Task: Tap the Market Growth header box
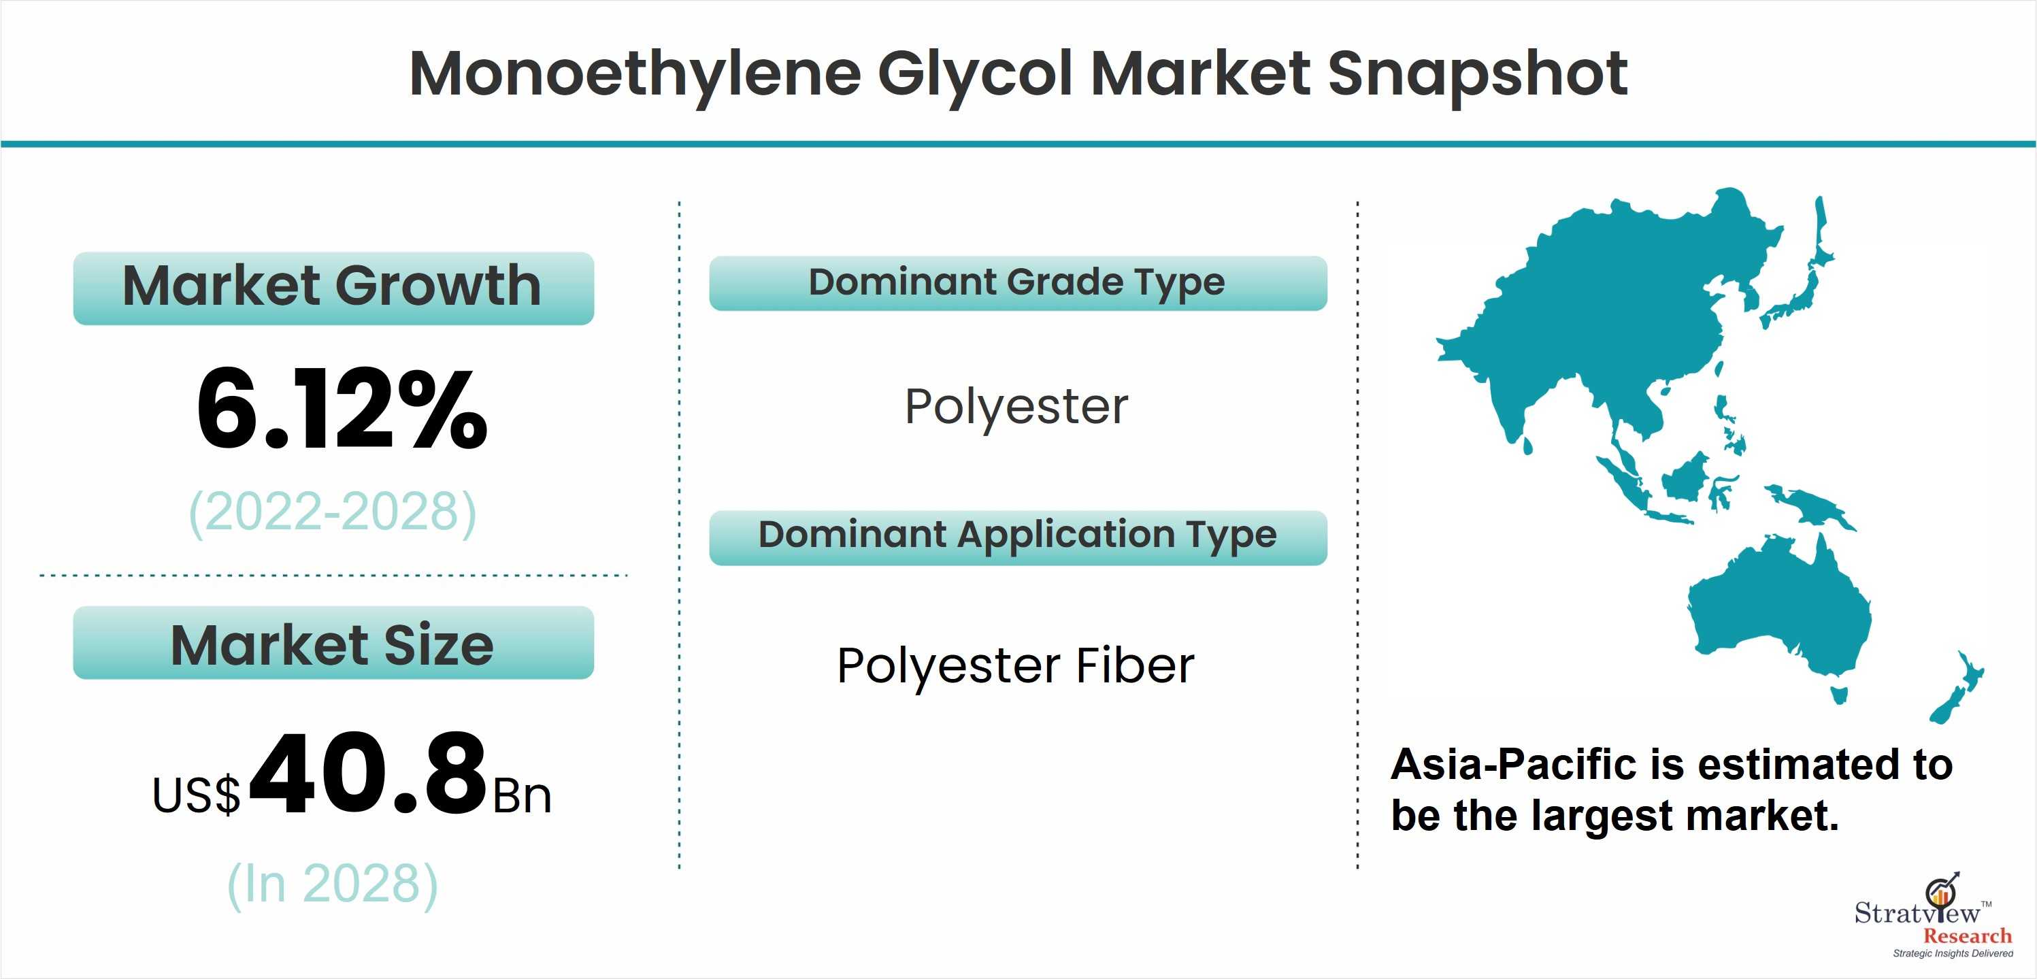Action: click(x=333, y=288)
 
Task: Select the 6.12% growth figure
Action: click(x=342, y=410)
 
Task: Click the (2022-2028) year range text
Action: click(x=333, y=512)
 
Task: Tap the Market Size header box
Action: click(x=333, y=642)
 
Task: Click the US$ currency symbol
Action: click(x=196, y=795)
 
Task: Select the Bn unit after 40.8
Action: click(x=522, y=795)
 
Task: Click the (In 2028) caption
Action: click(x=333, y=884)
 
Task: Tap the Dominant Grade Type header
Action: click(x=1018, y=283)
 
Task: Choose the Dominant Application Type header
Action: click(x=1018, y=537)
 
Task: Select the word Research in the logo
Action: click(x=1968, y=936)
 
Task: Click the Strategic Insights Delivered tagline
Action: click(x=1953, y=954)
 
